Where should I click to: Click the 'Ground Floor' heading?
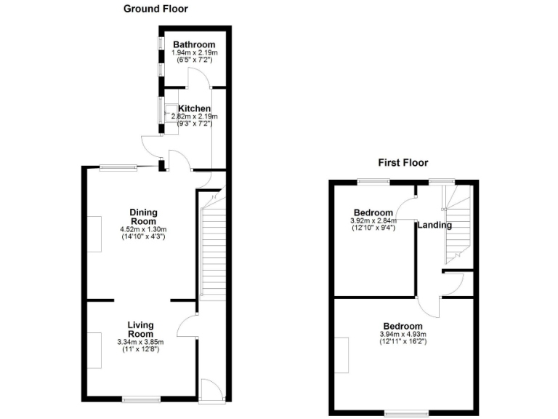point(155,9)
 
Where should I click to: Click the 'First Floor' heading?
point(403,163)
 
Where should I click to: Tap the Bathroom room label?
point(189,45)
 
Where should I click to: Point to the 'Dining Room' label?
point(143,217)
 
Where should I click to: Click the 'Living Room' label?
point(141,329)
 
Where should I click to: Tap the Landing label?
point(434,226)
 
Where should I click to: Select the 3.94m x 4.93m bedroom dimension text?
point(403,335)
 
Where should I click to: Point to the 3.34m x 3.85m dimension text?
point(141,342)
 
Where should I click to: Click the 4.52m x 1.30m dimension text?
point(143,230)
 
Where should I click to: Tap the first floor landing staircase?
point(458,222)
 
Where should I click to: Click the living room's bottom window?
point(140,398)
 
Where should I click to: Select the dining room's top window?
point(118,167)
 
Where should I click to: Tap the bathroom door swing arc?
point(198,76)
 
